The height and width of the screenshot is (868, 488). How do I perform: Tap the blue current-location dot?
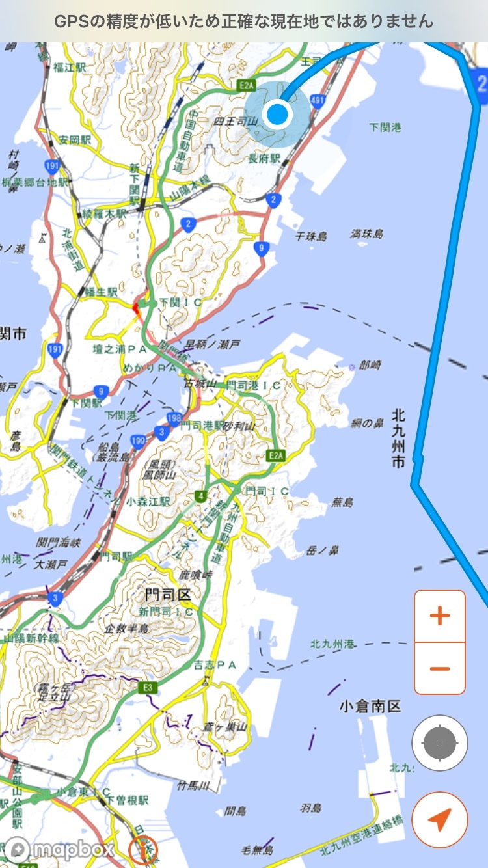278,114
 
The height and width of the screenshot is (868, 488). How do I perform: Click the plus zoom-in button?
440,616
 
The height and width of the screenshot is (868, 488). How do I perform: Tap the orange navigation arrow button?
440,820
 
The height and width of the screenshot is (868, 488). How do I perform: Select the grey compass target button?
440,742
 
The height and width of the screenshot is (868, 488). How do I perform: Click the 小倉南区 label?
370,707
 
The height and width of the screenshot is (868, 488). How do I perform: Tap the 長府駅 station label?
264,158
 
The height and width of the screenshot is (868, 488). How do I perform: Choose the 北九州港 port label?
332,644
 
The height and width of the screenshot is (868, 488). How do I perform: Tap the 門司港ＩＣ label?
254,385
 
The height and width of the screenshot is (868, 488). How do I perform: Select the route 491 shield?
318,100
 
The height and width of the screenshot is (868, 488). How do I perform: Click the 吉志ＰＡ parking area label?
214,664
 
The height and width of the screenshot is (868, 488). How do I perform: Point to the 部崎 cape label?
370,366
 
